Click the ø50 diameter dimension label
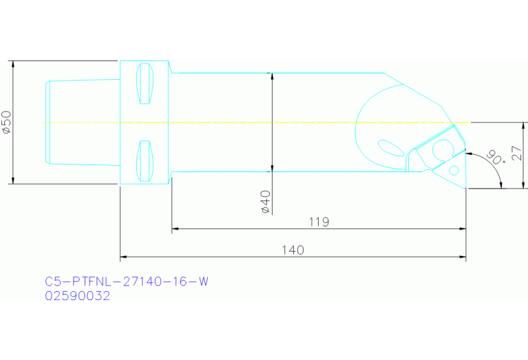[x=6, y=122]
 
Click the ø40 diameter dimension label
[x=266, y=202]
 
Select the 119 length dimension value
[x=319, y=222]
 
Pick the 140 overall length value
[x=293, y=250]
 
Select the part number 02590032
[x=77, y=296]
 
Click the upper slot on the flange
[x=145, y=85]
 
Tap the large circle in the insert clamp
[x=441, y=149]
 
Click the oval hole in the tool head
[x=391, y=147]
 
